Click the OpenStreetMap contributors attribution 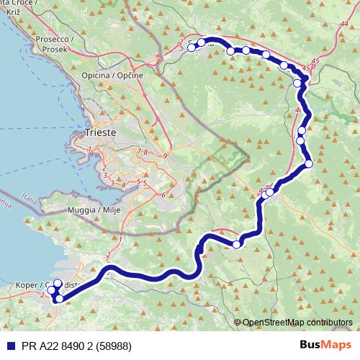(297, 322)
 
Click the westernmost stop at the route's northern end (192, 48)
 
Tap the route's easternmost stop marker (309, 163)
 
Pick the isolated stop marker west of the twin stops (236, 245)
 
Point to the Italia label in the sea (30, 196)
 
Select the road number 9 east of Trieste (165, 156)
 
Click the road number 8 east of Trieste (145, 152)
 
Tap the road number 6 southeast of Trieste (163, 194)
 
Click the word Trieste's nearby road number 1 (89, 149)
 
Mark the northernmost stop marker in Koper (58, 284)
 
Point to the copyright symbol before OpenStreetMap (237, 322)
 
